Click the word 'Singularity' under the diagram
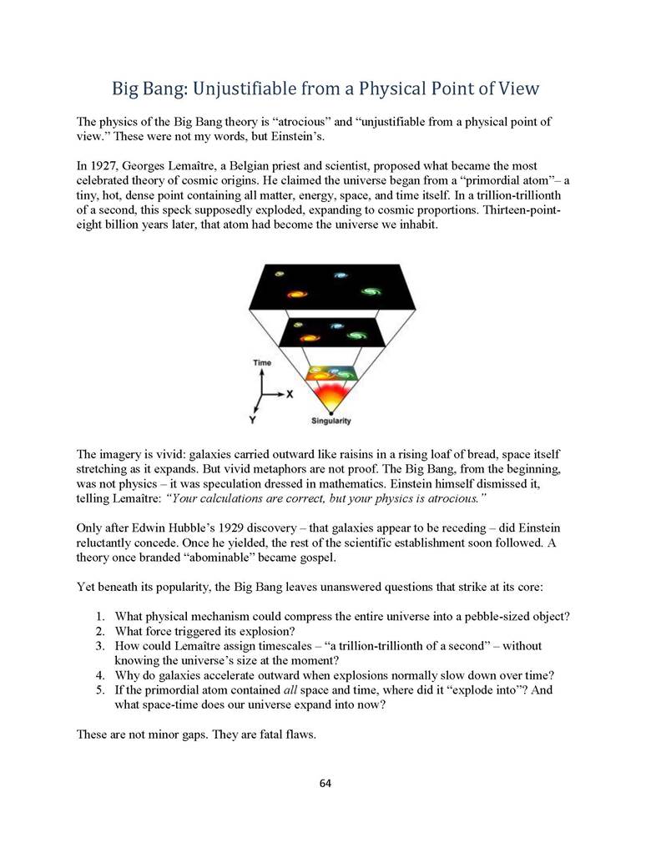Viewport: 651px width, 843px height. click(331, 421)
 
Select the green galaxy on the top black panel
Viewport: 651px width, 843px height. click(371, 290)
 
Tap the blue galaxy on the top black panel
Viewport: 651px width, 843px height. click(340, 275)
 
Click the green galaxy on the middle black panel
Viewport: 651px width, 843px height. click(356, 336)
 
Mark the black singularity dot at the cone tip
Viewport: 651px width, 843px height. click(331, 411)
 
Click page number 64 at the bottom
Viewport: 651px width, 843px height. click(325, 783)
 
